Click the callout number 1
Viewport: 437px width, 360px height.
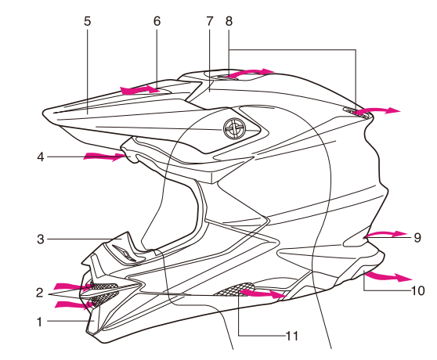coord(38,320)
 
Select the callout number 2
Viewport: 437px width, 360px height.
coord(38,293)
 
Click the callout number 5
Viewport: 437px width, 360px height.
coord(88,21)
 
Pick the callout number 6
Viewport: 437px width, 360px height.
coord(157,21)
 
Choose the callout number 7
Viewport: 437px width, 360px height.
coord(210,21)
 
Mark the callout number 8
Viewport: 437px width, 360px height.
coord(229,21)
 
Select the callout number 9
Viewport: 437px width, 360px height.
coord(417,236)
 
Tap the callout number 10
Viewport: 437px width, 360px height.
coord(417,290)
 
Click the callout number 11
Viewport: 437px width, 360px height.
coord(292,337)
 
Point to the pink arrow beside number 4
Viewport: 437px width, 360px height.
coord(103,157)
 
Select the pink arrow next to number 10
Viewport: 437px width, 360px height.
coord(388,277)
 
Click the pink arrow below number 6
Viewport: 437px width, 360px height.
coord(143,90)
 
